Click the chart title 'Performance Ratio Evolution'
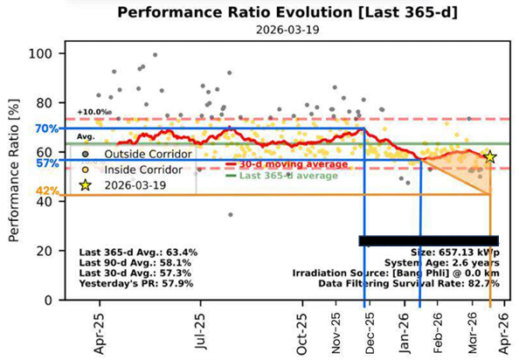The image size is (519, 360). (236, 12)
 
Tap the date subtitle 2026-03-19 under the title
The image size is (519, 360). (287, 30)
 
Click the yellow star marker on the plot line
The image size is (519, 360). (490, 157)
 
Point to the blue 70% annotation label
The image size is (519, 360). (47, 128)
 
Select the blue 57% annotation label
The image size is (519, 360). (47, 163)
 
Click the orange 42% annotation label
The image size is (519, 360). (48, 190)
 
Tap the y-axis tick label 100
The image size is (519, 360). (41, 53)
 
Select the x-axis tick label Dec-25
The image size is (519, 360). (370, 333)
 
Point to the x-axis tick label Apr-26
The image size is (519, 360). (504, 333)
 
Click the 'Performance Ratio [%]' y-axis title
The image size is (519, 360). (14, 170)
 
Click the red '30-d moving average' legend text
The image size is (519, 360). (294, 164)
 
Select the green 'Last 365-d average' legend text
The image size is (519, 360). (288, 176)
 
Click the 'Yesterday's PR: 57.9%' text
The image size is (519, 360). (136, 284)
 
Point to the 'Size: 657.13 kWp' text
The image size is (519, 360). (455, 253)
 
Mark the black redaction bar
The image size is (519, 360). (429, 241)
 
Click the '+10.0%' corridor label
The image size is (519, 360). (94, 112)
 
